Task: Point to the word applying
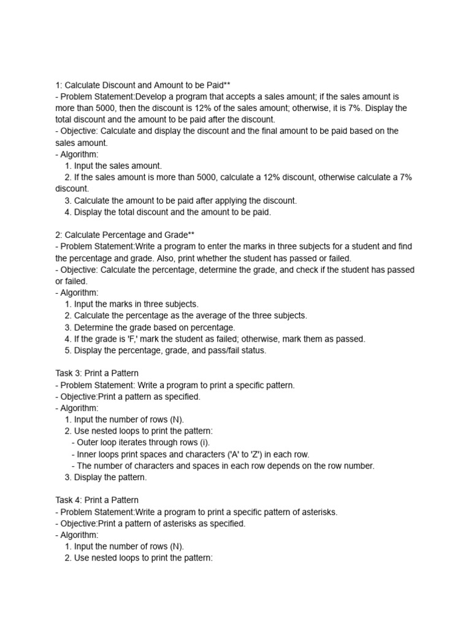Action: click(x=231, y=201)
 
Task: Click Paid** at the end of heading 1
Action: click(x=218, y=85)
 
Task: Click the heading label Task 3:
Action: click(x=67, y=373)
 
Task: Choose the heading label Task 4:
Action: click(x=67, y=500)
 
